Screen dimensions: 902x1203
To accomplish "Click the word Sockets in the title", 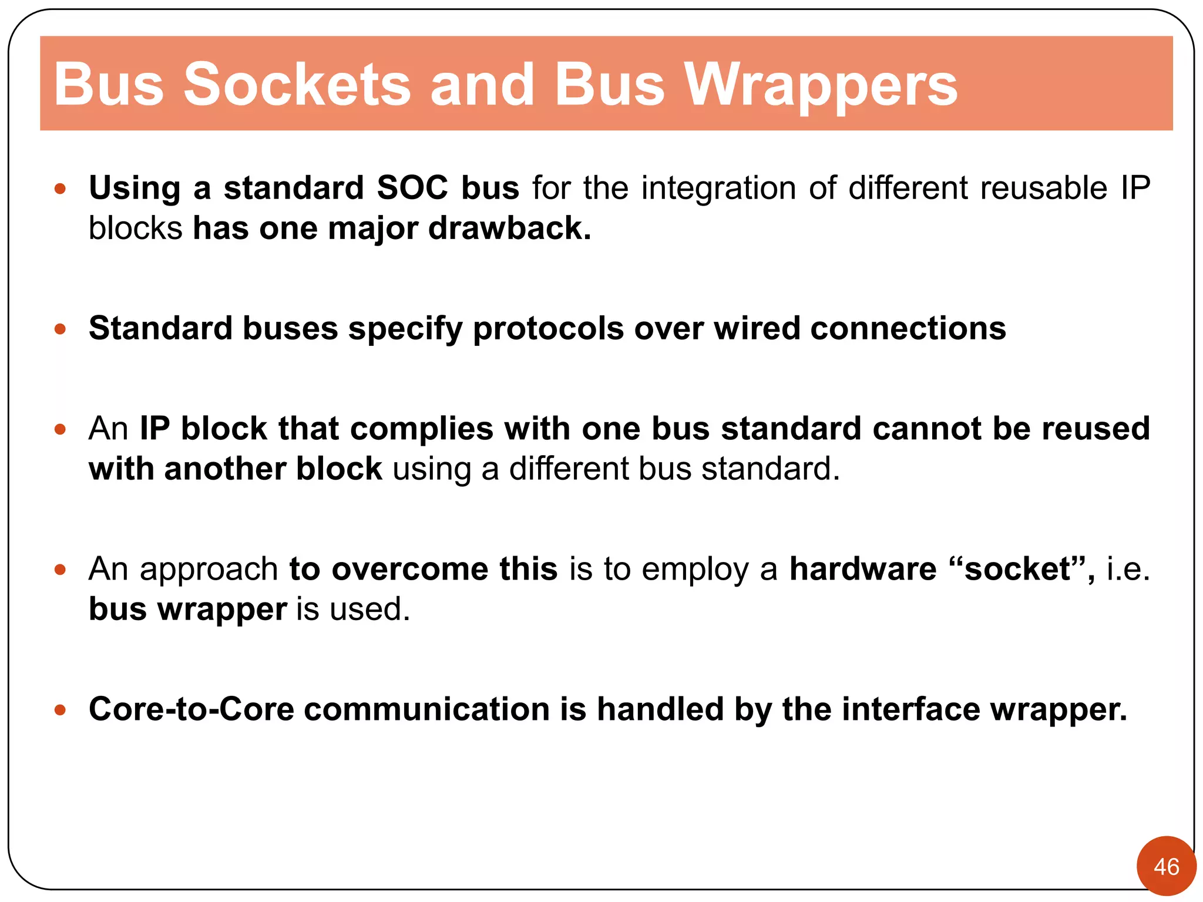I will click(297, 85).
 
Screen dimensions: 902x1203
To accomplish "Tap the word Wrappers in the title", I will click(821, 85).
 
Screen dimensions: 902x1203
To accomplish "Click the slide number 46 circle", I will click(1166, 866).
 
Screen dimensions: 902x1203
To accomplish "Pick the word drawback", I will click(509, 228).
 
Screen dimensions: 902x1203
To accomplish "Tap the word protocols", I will click(548, 329).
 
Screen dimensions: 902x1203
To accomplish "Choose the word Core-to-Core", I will click(191, 709).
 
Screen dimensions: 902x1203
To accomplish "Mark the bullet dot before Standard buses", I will click(60, 329).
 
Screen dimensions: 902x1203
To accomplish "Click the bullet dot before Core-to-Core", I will click(60, 710).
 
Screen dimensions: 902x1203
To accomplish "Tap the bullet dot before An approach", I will click(60, 570).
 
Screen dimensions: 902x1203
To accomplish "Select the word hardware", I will click(862, 569).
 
